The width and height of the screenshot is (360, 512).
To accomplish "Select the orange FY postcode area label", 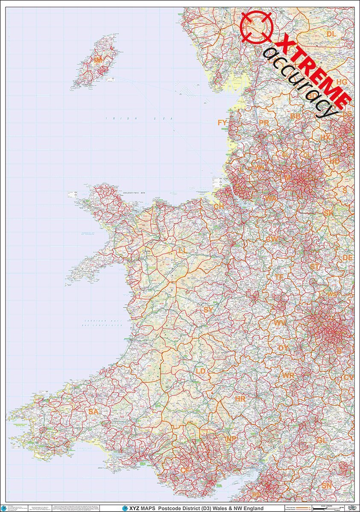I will (x=222, y=123).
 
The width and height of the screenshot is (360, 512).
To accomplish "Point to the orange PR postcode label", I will (x=263, y=123).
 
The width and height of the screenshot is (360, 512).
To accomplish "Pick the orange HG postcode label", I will (x=342, y=82).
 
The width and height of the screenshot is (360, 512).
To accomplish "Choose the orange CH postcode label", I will (x=219, y=207).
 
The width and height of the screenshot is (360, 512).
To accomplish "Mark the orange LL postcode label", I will (x=182, y=250).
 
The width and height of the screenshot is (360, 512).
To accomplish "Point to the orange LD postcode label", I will (x=201, y=371).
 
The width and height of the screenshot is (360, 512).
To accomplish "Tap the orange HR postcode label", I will (x=240, y=399).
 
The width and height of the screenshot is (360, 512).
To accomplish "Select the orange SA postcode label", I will (x=94, y=412).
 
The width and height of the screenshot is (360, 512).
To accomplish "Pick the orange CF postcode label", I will (x=185, y=470).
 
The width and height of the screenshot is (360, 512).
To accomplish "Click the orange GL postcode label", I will (x=322, y=440).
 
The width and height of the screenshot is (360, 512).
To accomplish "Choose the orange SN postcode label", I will (x=327, y=486).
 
